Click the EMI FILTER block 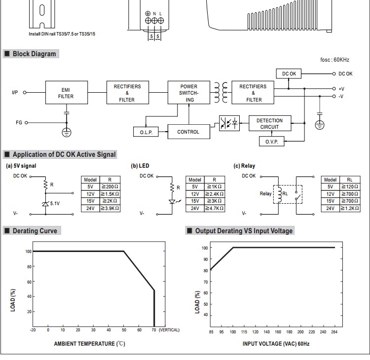tap(66, 93)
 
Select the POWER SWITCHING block tap(189, 93)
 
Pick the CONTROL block tap(188, 132)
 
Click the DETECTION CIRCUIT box tap(270, 124)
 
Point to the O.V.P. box tap(272, 142)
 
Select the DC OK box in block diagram tap(289, 73)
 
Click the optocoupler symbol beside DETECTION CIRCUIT tap(229, 123)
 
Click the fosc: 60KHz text tap(334, 60)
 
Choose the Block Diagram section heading tap(34, 54)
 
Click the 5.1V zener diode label tap(55, 203)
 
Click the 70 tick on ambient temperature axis tap(154, 330)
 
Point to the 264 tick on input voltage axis tap(334, 332)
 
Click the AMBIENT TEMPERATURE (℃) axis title tap(89, 344)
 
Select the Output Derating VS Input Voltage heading tap(244, 231)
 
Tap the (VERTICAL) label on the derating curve tap(169, 330)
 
